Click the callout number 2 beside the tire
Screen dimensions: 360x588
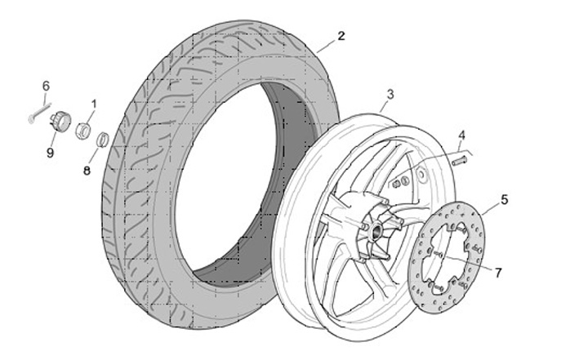coord(341,36)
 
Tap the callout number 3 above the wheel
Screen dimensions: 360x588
coord(390,95)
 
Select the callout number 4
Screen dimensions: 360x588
coord(461,135)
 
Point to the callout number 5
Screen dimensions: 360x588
coord(504,198)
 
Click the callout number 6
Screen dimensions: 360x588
coord(46,86)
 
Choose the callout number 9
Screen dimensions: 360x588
coord(50,152)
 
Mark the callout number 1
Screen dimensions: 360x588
coord(93,104)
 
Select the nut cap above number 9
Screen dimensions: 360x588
coord(59,122)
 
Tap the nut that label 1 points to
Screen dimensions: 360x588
coord(83,129)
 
